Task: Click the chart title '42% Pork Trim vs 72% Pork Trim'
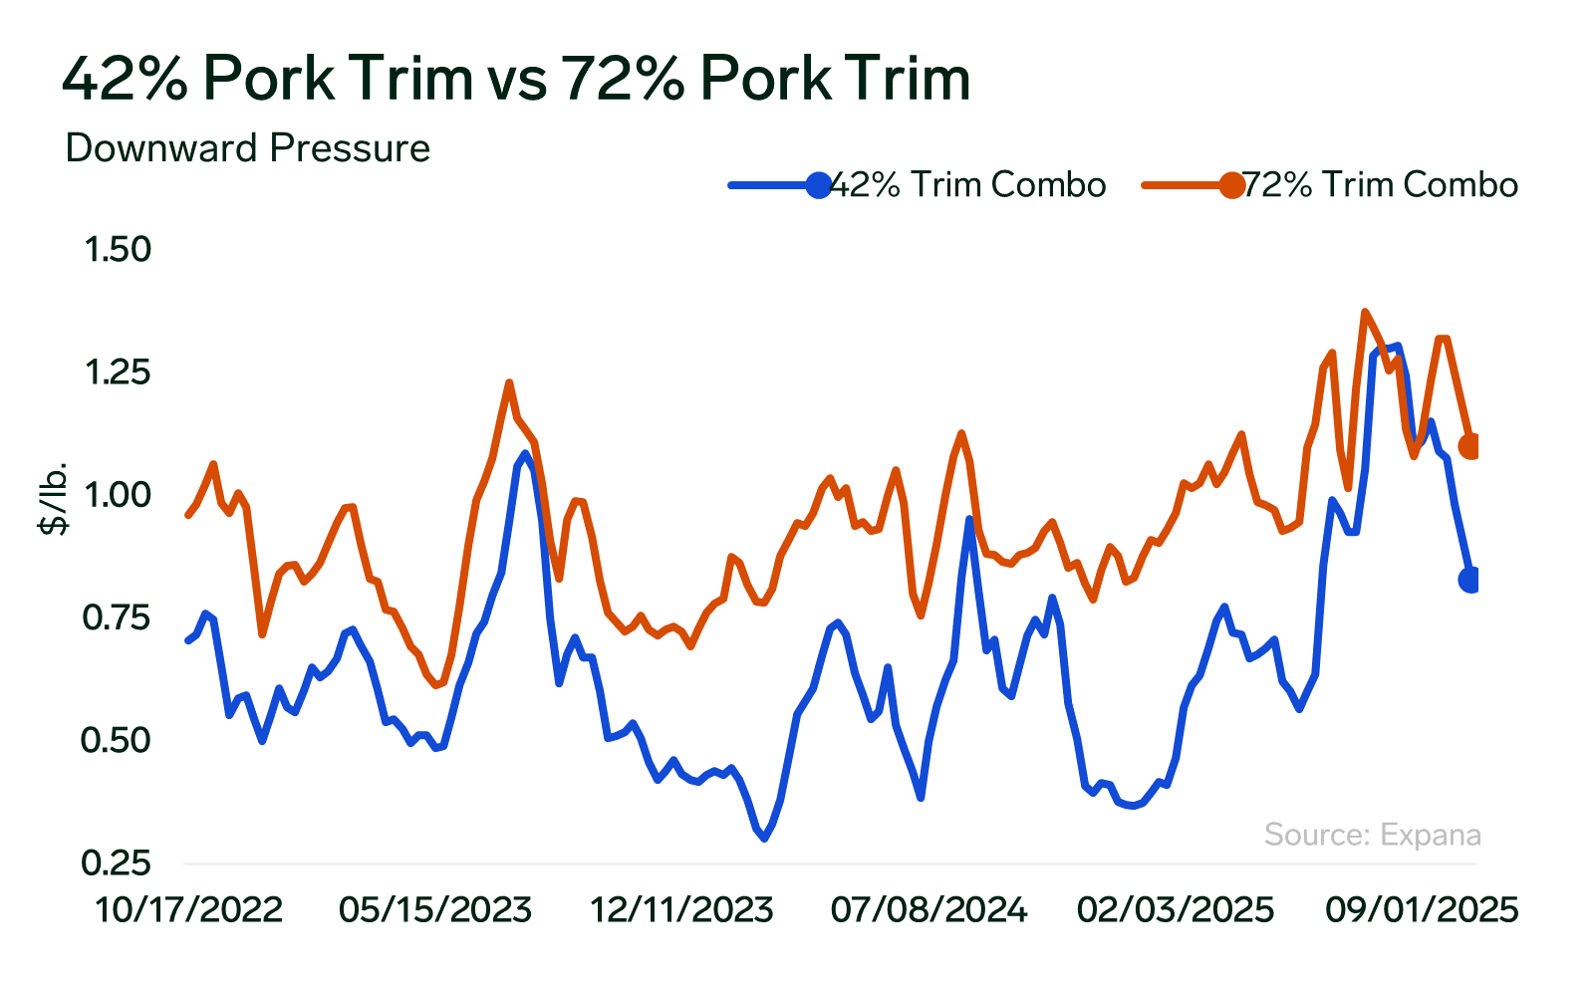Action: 515,79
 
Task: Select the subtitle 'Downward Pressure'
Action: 247,148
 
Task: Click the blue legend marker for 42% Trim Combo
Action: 818,185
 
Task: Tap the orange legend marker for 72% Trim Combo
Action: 1231,185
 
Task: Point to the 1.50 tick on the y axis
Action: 117,249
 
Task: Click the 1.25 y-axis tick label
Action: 117,372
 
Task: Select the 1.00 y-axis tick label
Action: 117,495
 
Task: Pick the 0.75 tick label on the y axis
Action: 117,618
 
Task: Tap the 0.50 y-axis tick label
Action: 117,741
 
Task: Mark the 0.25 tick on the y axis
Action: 117,863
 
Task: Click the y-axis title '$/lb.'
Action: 54,498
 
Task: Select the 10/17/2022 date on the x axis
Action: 189,909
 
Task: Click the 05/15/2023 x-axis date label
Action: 435,909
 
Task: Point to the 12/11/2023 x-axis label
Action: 681,909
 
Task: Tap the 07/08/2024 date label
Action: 929,909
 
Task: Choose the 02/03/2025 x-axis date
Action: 1176,909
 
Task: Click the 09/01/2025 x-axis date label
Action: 1422,909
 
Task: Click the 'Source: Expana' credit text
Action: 1372,835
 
